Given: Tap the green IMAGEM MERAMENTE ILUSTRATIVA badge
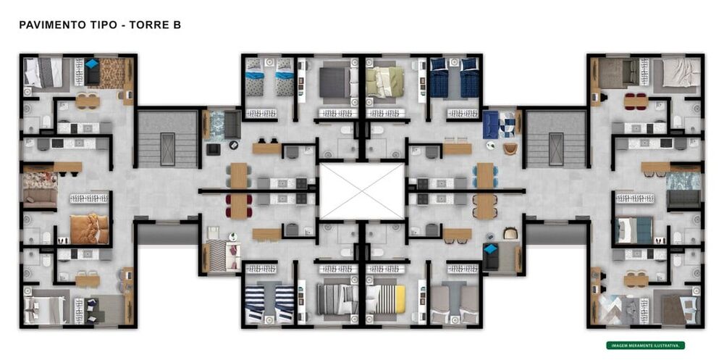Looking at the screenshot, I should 645,346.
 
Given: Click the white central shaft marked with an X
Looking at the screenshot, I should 362,191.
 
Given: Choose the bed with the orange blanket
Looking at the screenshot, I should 89,229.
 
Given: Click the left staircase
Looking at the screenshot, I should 167,139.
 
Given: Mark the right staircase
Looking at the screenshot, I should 556,139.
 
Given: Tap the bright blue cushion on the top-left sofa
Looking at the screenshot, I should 91,64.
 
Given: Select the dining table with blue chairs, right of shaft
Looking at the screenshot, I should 484,175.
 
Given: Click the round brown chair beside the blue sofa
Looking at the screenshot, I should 510,148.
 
